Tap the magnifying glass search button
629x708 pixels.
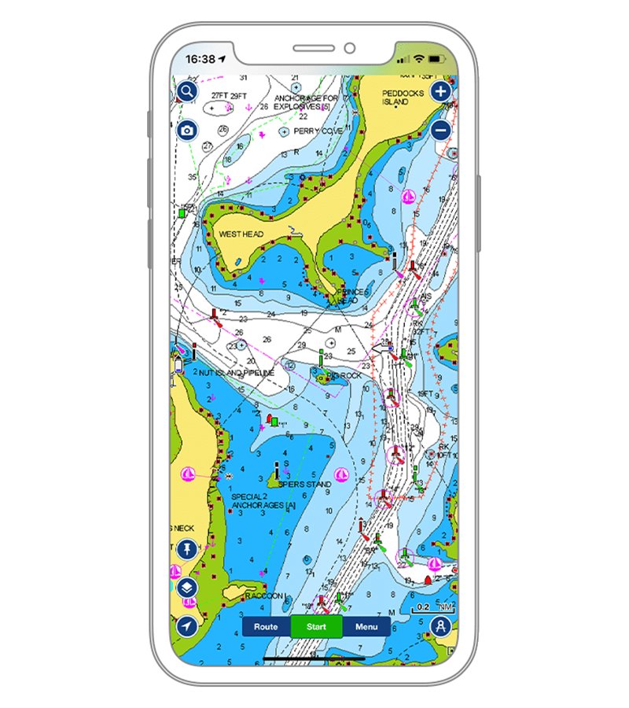(x=186, y=91)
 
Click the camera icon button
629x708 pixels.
(x=186, y=131)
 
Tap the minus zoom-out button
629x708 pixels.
(x=442, y=131)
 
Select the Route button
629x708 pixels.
(x=266, y=627)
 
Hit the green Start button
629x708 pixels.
(x=316, y=627)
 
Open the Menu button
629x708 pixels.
(x=366, y=627)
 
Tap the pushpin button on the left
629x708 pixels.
(x=186, y=550)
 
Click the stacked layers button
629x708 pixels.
(x=186, y=588)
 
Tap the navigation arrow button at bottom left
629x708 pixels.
(x=186, y=626)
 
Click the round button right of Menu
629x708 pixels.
(x=441, y=627)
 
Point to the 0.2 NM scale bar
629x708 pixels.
(x=432, y=608)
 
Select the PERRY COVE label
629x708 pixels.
(x=318, y=131)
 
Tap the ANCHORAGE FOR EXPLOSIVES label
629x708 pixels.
(x=307, y=102)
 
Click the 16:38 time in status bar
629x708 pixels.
(x=200, y=59)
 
